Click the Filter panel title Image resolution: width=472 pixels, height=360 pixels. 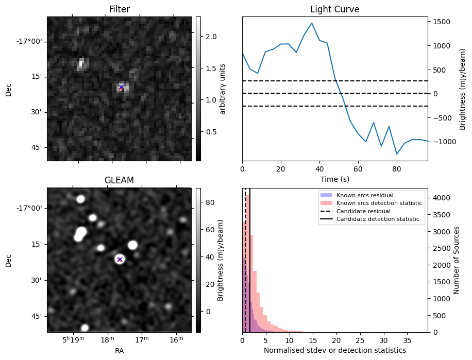[x=119, y=9]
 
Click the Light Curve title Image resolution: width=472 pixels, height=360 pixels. [x=334, y=9]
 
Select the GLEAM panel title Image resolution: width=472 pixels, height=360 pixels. [x=119, y=180]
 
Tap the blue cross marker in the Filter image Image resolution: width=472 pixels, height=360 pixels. [x=121, y=87]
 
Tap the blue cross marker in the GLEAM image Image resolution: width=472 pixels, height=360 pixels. [x=120, y=259]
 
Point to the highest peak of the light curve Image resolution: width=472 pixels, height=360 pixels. [x=312, y=23]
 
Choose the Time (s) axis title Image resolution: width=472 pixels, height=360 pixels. [x=334, y=178]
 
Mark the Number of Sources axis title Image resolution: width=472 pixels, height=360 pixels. [x=457, y=260]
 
